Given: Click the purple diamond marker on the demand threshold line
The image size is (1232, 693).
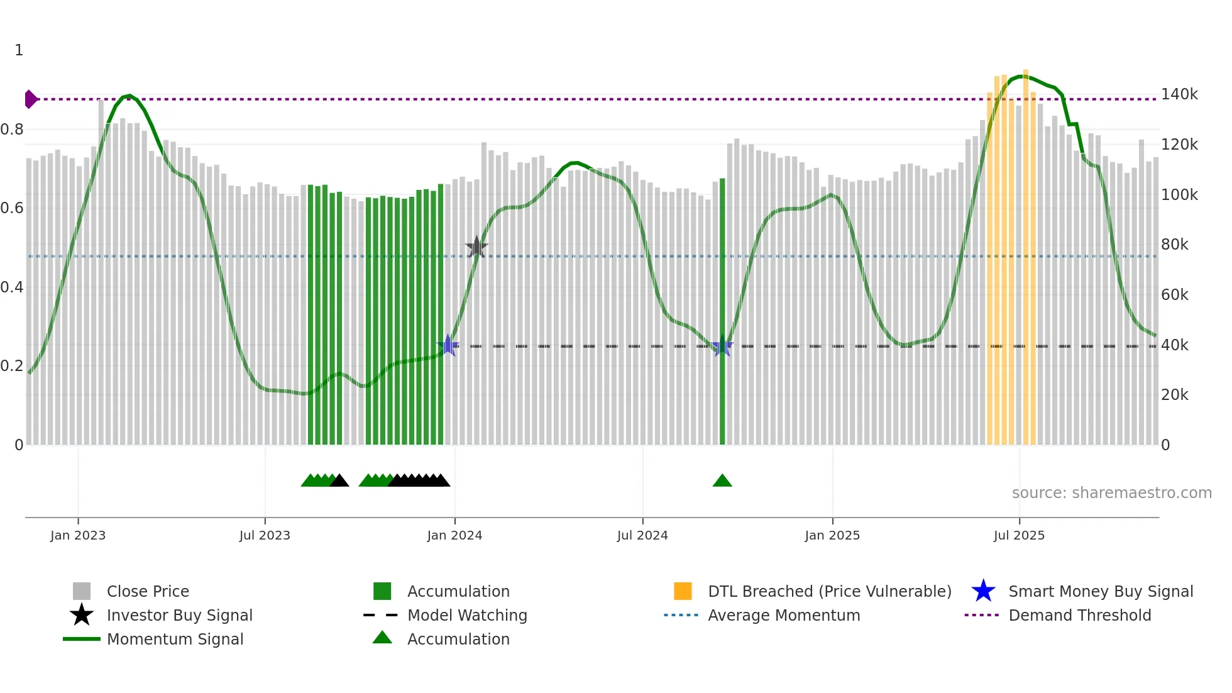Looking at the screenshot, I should [30, 99].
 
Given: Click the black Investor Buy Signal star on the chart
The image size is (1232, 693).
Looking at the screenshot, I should [476, 247].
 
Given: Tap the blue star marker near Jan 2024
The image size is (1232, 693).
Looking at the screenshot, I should [448, 345].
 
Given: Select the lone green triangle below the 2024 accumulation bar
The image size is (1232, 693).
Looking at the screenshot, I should [722, 481].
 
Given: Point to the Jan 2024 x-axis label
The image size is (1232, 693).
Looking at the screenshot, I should [454, 535].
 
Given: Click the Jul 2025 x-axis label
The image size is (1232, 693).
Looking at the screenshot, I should [1019, 535].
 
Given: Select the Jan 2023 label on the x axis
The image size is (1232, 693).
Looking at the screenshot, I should [78, 535].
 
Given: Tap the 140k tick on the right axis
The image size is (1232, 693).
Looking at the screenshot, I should [1179, 94].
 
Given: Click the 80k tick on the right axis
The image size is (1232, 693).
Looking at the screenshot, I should [1174, 245].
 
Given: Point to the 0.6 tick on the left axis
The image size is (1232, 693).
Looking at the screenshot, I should [12, 208].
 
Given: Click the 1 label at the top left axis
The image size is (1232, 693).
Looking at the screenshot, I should [19, 50].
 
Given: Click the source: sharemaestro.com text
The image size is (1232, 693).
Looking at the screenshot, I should [1111, 493].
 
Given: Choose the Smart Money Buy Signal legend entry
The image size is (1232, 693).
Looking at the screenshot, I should [1100, 591].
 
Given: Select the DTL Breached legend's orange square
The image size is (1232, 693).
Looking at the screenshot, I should [683, 591].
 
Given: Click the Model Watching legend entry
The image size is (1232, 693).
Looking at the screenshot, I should [466, 615].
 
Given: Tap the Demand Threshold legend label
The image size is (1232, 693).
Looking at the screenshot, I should [1079, 615].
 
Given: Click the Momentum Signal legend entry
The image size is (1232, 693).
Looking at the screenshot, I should [175, 639].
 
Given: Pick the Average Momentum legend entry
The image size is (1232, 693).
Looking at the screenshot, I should [783, 615].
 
